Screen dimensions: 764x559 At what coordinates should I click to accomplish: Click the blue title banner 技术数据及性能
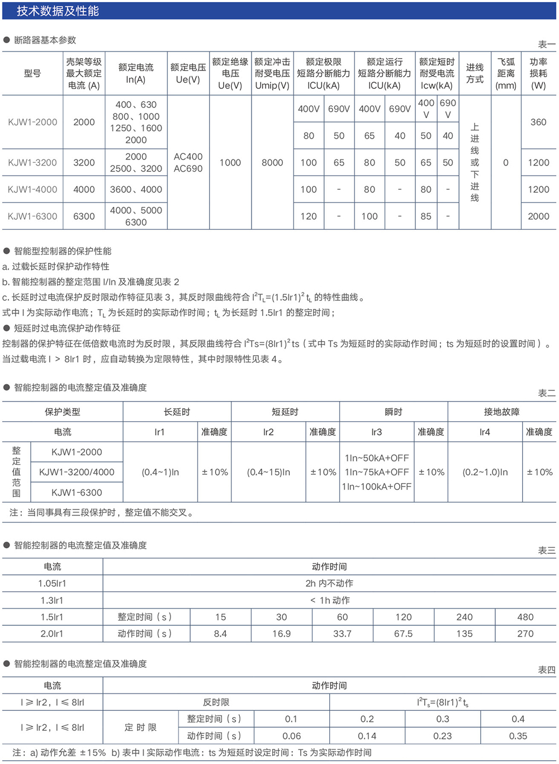click(x=58, y=11)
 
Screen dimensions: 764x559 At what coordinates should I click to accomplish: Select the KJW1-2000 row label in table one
click(x=32, y=122)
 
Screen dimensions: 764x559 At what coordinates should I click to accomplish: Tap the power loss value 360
click(x=538, y=122)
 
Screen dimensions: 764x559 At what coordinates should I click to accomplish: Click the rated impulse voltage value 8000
click(x=272, y=162)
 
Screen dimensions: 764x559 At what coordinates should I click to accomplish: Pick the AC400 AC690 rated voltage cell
click(x=188, y=162)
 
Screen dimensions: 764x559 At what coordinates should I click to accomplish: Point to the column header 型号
click(x=32, y=73)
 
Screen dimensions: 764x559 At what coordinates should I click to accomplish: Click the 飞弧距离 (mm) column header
click(x=506, y=73)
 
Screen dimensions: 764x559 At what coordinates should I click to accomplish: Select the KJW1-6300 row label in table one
click(x=32, y=216)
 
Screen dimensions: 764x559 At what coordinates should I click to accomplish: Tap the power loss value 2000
click(x=538, y=216)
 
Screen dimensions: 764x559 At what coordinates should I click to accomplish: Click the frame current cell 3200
click(x=84, y=162)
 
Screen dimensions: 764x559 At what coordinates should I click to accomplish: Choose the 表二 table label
click(x=546, y=393)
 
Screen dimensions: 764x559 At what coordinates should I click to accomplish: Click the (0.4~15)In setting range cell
click(x=268, y=472)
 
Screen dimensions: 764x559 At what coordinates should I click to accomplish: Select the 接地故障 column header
click(x=501, y=412)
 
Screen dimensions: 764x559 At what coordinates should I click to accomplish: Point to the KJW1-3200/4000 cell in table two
click(x=77, y=472)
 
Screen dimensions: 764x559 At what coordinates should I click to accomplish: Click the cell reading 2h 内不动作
click(x=329, y=583)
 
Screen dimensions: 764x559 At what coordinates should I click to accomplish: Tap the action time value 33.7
click(x=342, y=634)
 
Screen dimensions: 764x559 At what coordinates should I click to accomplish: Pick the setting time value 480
click(x=525, y=617)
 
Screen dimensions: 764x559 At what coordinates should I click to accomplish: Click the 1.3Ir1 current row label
click(x=52, y=600)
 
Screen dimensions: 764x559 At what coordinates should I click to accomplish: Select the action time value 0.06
click(x=291, y=736)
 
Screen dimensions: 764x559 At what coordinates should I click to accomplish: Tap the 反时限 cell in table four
click(x=216, y=702)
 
